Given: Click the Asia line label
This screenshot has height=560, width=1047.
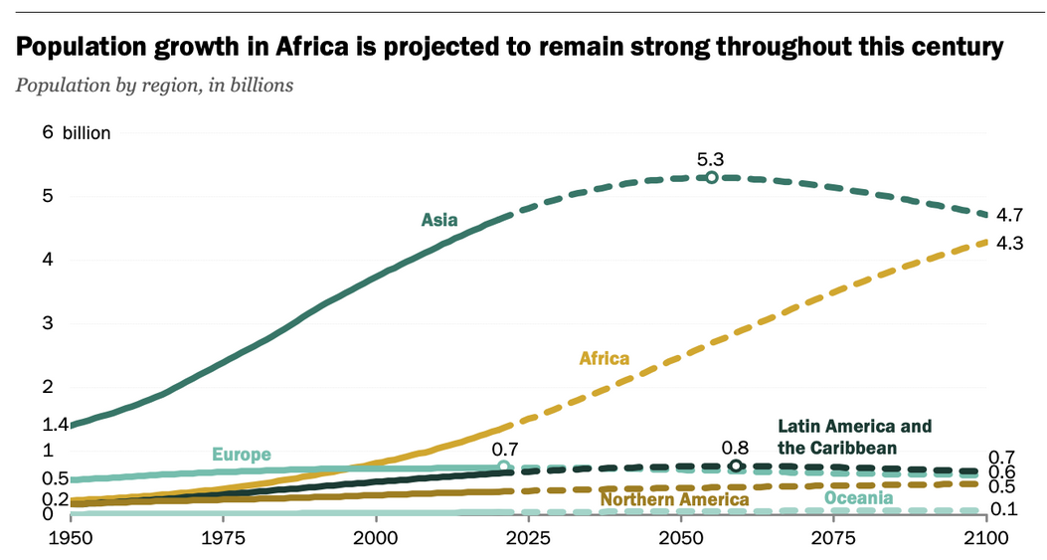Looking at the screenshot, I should pyautogui.click(x=439, y=220).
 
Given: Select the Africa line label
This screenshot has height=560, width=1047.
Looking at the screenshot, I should pyautogui.click(x=604, y=358).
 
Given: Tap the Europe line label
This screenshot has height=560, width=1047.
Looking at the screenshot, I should pyautogui.click(x=241, y=455).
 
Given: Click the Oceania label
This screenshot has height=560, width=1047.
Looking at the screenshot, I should pyautogui.click(x=858, y=497).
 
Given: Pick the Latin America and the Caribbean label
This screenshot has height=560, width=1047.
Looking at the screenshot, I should pyautogui.click(x=854, y=437).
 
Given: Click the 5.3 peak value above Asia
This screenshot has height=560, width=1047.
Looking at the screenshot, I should pyautogui.click(x=710, y=158).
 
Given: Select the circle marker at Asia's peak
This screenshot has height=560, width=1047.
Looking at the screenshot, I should pyautogui.click(x=712, y=177).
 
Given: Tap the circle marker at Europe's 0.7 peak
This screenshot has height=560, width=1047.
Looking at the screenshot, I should pyautogui.click(x=503, y=467).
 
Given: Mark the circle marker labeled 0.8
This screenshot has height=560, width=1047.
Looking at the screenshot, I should pyautogui.click(x=736, y=466).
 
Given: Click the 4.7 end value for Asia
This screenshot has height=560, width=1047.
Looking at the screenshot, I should pyautogui.click(x=1010, y=215).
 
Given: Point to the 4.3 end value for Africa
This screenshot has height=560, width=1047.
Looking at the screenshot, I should pyautogui.click(x=1010, y=243).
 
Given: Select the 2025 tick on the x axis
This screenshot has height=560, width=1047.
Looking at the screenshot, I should pyautogui.click(x=528, y=538).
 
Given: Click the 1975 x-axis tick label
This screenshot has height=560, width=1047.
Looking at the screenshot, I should pyautogui.click(x=224, y=538).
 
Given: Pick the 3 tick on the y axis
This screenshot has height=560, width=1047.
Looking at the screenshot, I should pyautogui.click(x=47, y=323).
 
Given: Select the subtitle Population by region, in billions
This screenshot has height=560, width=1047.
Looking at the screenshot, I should pyautogui.click(x=154, y=85).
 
